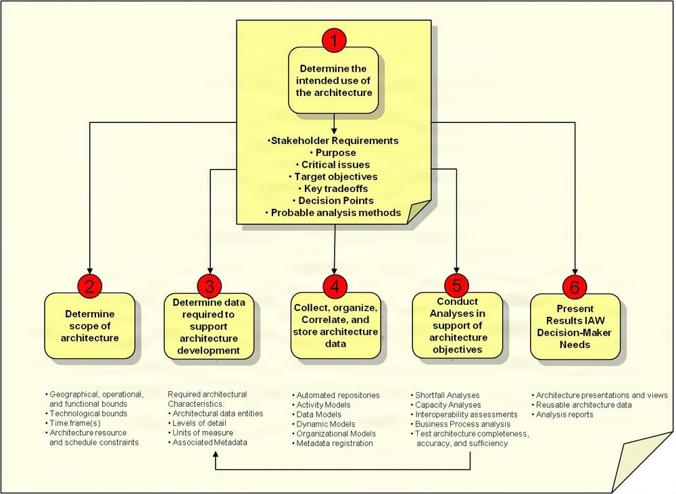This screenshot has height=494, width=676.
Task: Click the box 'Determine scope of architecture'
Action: [90, 326]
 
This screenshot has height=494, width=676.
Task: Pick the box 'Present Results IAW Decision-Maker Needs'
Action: [575, 326]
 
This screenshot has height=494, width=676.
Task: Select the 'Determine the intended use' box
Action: [334, 80]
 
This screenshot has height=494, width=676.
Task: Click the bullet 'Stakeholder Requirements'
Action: [334, 141]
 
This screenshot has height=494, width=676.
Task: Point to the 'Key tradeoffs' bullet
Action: [334, 189]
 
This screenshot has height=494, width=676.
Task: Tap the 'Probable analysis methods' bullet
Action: [334, 212]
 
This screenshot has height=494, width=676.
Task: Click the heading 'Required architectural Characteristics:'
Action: [208, 399]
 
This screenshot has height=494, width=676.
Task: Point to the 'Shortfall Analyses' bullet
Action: [448, 395]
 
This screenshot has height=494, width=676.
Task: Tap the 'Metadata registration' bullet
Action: [335, 443]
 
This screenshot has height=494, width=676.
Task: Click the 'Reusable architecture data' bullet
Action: [583, 405]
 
